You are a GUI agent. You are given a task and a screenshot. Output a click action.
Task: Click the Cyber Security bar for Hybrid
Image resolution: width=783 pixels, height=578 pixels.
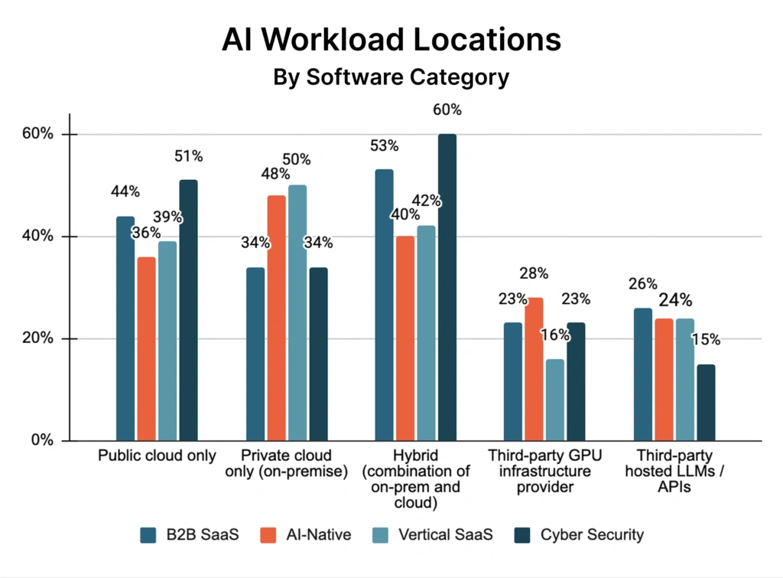pyautogui.click(x=447, y=287)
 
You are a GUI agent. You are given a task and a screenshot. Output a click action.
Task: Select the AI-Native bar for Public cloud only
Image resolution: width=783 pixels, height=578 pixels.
pyautogui.click(x=146, y=348)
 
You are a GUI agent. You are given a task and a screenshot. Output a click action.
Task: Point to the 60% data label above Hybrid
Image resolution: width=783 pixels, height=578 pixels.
pyautogui.click(x=447, y=109)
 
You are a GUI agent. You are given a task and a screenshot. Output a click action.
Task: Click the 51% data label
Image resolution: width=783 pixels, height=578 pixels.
pyautogui.click(x=188, y=156)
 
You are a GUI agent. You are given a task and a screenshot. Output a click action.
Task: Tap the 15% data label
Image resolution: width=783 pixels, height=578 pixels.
pyautogui.click(x=706, y=339)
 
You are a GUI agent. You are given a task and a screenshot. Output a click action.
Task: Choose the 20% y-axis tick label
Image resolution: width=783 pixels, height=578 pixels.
pyautogui.click(x=37, y=338)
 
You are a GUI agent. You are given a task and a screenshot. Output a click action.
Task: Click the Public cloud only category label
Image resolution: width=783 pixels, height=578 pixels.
pyautogui.click(x=156, y=456)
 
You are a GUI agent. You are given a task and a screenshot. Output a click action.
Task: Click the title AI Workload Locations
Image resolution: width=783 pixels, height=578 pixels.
pyautogui.click(x=391, y=41)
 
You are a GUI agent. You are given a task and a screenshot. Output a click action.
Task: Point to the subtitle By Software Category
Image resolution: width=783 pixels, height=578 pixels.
pyautogui.click(x=391, y=77)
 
